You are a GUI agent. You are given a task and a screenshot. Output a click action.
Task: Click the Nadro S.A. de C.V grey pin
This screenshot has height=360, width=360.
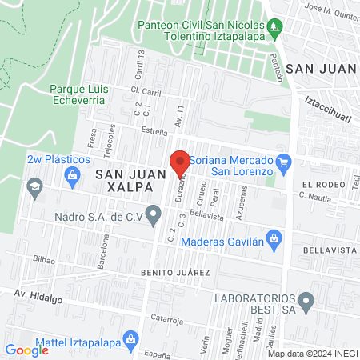coord(154,214)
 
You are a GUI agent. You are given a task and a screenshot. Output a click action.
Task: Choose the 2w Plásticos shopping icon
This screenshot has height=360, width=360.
coord(73,174)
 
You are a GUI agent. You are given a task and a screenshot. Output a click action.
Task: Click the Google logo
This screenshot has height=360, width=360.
coord(26,350)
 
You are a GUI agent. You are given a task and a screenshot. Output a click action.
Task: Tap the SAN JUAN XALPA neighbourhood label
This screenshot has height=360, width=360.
coord(125,179)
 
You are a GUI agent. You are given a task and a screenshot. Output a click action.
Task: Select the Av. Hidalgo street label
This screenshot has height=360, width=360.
coord(38,296)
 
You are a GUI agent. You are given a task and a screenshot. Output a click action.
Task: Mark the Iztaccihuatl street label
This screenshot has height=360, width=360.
coord(330,109)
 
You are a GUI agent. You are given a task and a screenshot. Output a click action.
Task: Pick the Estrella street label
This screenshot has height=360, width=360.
coord(154,130)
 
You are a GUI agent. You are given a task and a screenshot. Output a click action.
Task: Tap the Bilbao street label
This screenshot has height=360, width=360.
coord(45,259)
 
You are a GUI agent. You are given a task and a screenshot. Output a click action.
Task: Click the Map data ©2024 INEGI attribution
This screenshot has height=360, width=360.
coord(312,354)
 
